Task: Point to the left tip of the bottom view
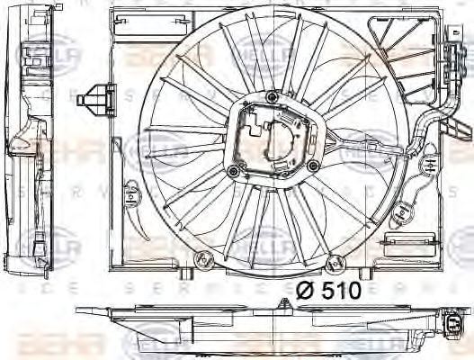pos(79,311)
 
